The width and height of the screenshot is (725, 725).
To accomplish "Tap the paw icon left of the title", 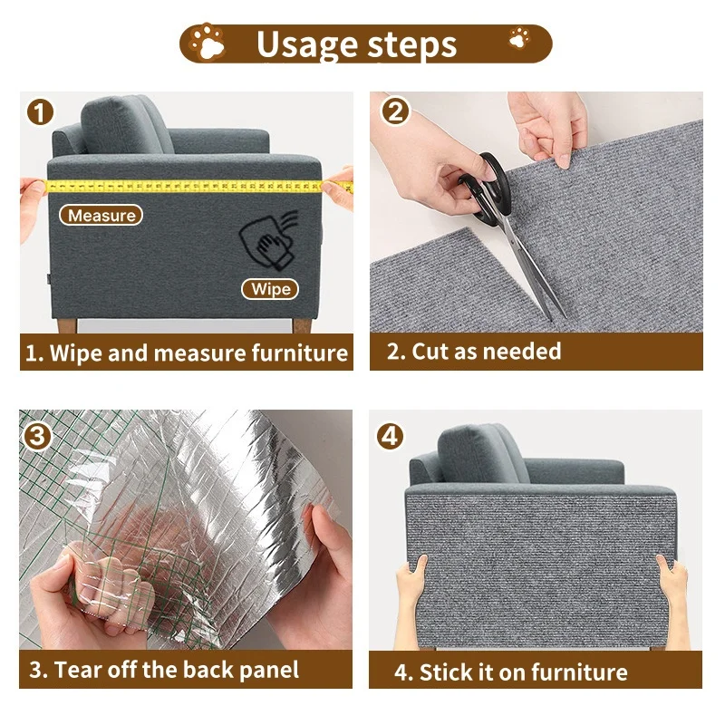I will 210,42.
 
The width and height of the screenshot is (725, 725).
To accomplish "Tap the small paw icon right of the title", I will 519,38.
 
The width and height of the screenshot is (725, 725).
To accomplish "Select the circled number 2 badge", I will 395,112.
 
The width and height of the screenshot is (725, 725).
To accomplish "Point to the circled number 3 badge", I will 39,436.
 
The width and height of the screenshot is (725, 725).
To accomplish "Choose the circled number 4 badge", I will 390,436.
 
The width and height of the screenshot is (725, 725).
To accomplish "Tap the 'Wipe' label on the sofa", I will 271,289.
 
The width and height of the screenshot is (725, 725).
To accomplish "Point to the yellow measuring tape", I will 181,185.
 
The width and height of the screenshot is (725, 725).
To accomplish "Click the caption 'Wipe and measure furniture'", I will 186,353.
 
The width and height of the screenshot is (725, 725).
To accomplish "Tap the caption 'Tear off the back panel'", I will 163,671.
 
